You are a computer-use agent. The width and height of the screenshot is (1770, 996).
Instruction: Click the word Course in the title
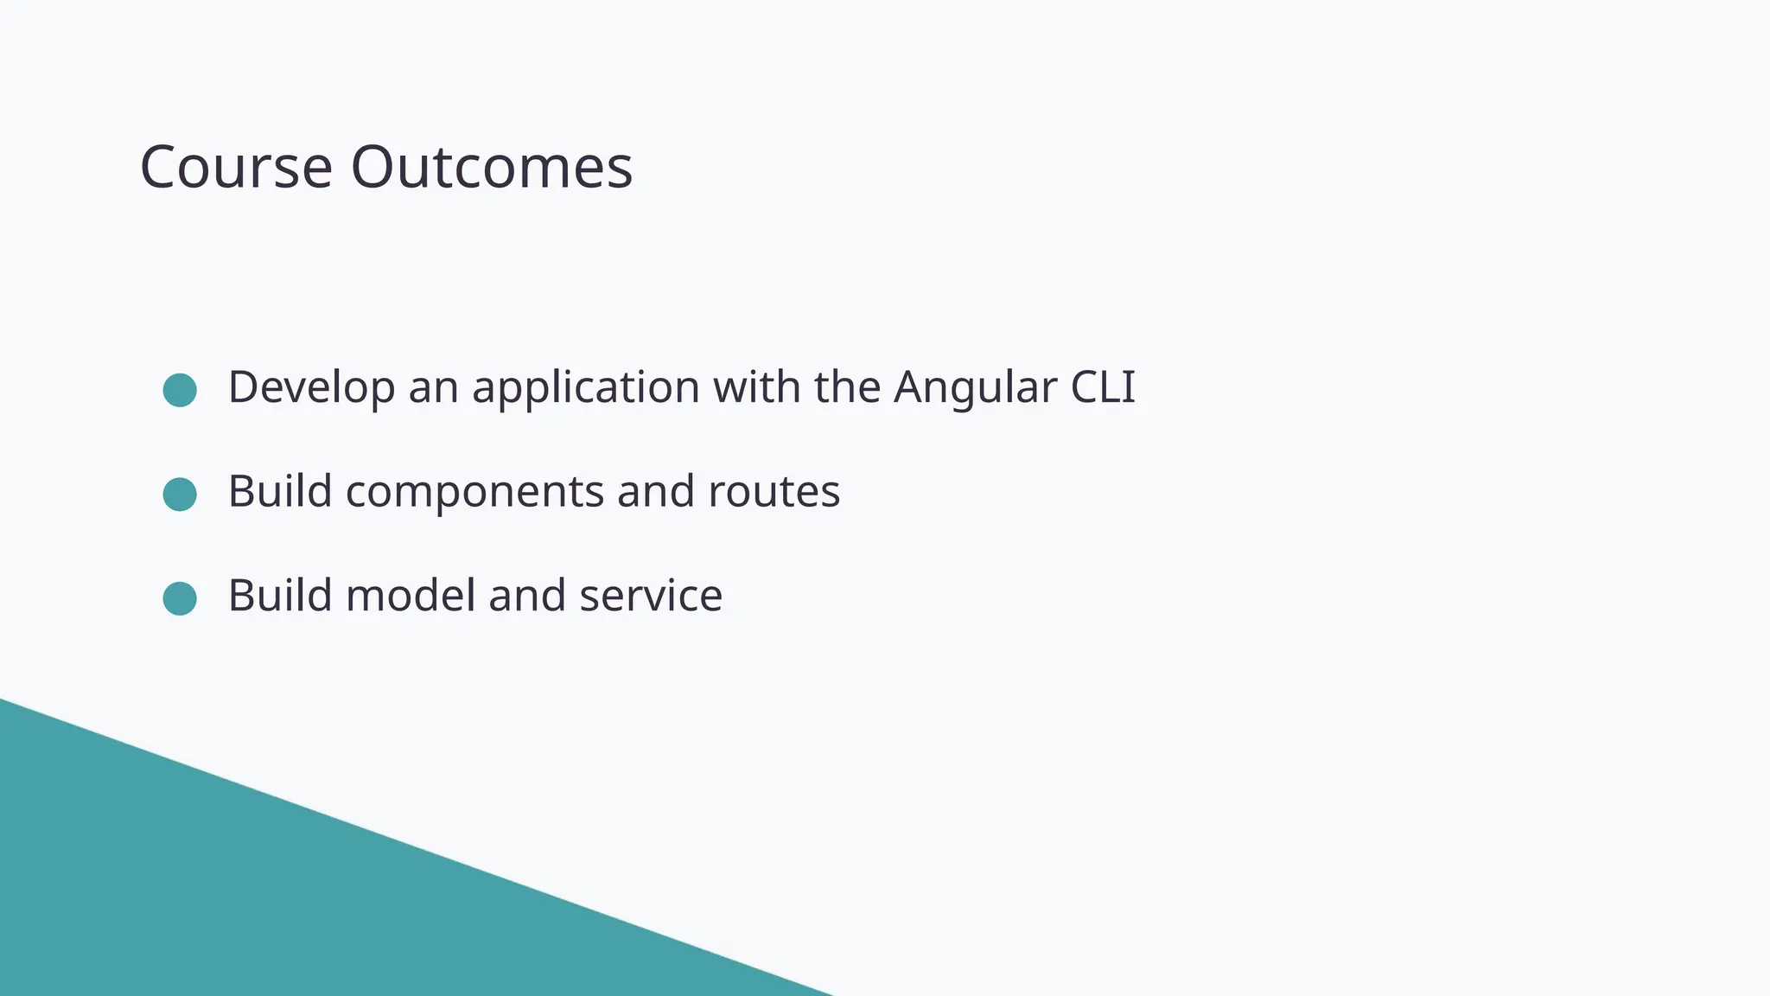[x=236, y=167]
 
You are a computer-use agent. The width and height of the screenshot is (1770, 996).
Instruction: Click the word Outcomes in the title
[x=491, y=167]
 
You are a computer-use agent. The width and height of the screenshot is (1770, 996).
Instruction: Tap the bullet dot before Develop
[x=180, y=390]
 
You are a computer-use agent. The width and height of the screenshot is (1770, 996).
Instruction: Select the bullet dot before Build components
[x=180, y=495]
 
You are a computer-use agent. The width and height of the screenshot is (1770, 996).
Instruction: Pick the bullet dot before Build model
[x=180, y=598]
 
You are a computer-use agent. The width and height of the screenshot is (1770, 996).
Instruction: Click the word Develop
[x=311, y=387]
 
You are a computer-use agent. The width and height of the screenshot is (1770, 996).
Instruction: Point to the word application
[x=585, y=387]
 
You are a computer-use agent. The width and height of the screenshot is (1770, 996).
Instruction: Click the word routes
[x=774, y=493]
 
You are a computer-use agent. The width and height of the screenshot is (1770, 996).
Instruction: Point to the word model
[x=411, y=596]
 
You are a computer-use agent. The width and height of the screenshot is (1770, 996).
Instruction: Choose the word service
[x=651, y=596]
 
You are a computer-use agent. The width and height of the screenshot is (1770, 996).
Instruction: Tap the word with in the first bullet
[x=756, y=387]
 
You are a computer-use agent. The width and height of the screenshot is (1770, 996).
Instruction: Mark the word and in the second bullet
[x=656, y=491]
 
